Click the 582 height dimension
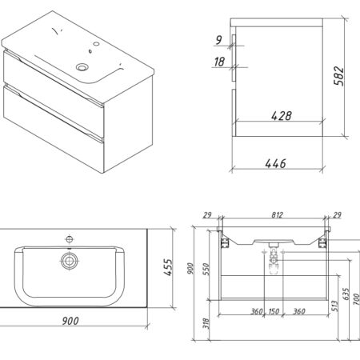pos(339,76)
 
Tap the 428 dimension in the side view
pos(282,116)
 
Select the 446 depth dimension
pos(276,163)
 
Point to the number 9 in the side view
pos(218,40)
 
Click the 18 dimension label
pos(219,62)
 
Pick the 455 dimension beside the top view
pos(168,267)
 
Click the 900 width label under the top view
pos(70,321)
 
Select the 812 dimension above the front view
pos(278,214)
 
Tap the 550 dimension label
pos(206,269)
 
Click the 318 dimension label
pos(206,323)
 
